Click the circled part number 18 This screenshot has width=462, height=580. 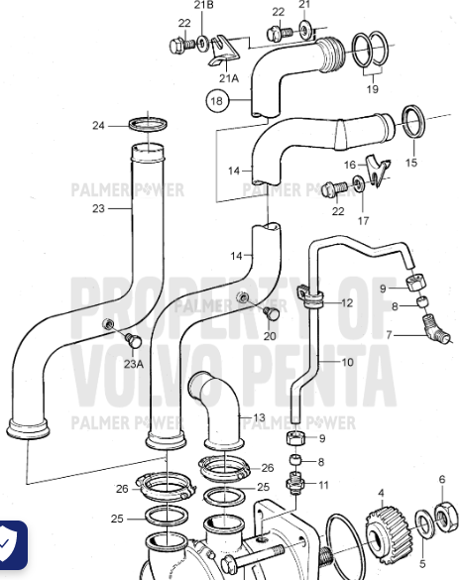217,99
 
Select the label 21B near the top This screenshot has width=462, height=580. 203,6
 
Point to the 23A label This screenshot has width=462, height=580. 134,363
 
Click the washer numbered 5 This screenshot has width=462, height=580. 421,522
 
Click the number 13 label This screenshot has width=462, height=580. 260,417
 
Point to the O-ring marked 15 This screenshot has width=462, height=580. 414,123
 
